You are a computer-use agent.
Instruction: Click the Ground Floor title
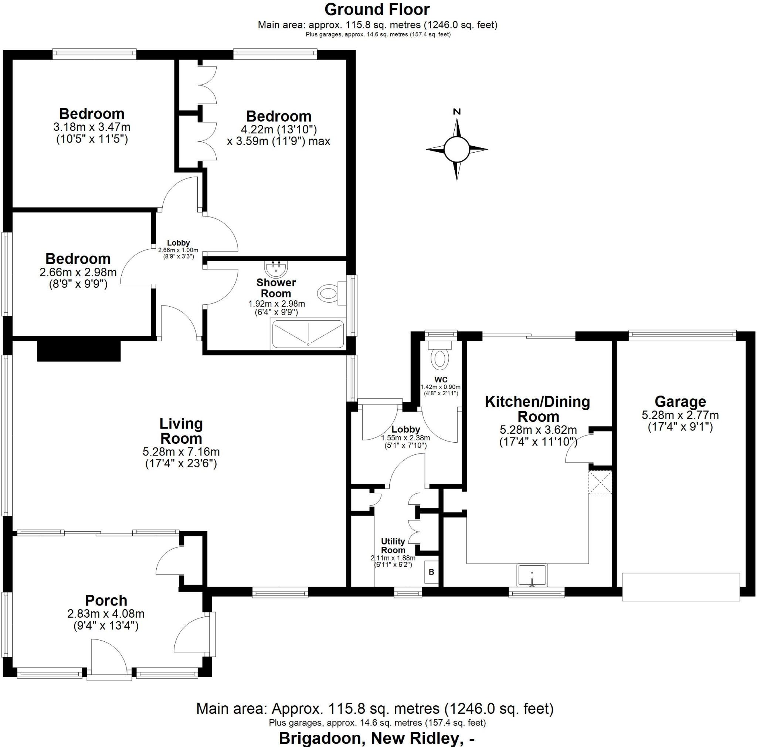pyautogui.click(x=377, y=9)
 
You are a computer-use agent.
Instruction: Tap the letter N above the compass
pyautogui.click(x=456, y=112)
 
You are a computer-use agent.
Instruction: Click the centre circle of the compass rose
pyautogui.click(x=456, y=149)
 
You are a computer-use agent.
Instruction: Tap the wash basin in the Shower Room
pyautogui.click(x=276, y=269)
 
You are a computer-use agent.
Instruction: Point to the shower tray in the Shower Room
pyautogui.click(x=308, y=334)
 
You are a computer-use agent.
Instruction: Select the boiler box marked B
pyautogui.click(x=431, y=572)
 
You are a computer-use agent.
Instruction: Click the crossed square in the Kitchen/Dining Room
pyautogui.click(x=600, y=482)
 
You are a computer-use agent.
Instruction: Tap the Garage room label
pyautogui.click(x=680, y=402)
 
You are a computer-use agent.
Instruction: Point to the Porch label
pyautogui.click(x=106, y=600)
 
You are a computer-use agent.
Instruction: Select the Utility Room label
pyautogui.click(x=393, y=545)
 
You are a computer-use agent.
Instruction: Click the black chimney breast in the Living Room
pyautogui.click(x=79, y=351)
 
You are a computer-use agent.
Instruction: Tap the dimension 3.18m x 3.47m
pyautogui.click(x=92, y=127)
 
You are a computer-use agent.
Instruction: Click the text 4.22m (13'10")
pyautogui.click(x=279, y=129)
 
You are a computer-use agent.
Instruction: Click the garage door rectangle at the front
pyautogui.click(x=681, y=586)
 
